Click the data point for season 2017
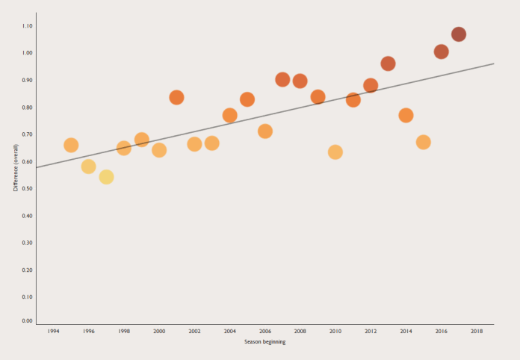click(x=459, y=34)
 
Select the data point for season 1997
click(x=106, y=177)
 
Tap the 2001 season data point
click(x=176, y=97)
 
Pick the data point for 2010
click(x=335, y=152)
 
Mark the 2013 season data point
click(x=388, y=63)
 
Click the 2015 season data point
click(x=423, y=142)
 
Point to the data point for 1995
click(x=71, y=145)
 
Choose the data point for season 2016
click(x=441, y=52)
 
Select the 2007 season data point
click(x=282, y=79)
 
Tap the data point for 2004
click(x=229, y=115)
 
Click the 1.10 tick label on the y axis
click(x=27, y=26)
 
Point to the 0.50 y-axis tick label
click(x=27, y=188)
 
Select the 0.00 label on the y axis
click(x=27, y=321)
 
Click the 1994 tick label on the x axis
click(x=54, y=330)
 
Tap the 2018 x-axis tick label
click(x=477, y=330)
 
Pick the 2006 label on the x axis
click(x=265, y=330)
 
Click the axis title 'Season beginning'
click(x=264, y=342)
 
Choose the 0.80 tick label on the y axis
click(x=27, y=108)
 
